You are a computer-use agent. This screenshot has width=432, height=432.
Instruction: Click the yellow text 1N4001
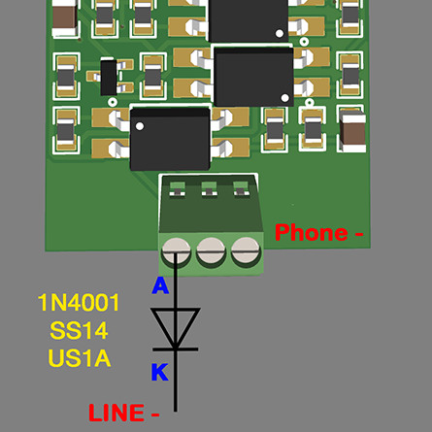tap(79, 302)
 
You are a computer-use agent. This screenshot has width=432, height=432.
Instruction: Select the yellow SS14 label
tap(79, 330)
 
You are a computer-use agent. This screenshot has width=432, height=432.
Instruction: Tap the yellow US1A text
tap(80, 358)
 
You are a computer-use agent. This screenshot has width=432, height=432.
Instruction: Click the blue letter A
tap(160, 285)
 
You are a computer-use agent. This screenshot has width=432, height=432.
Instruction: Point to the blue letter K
tap(159, 372)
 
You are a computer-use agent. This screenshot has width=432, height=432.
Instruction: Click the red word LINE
tap(116, 413)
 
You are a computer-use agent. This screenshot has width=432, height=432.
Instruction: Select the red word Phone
tap(312, 232)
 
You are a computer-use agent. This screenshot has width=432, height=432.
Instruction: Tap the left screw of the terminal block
tap(177, 251)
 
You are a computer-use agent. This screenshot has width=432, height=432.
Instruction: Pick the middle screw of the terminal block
tap(211, 250)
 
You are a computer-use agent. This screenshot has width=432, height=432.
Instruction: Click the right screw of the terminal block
tap(246, 250)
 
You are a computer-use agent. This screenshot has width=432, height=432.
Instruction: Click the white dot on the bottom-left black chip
tap(140, 126)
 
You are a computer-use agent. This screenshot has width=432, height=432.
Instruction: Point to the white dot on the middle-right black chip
tap(285, 97)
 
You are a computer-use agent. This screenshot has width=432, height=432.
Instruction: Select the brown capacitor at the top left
tap(65, 17)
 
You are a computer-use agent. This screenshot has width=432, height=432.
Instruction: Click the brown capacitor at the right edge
tap(353, 130)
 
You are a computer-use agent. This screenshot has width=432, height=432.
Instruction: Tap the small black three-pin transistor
tap(109, 78)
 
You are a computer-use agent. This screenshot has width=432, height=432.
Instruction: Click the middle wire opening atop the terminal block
tap(210, 188)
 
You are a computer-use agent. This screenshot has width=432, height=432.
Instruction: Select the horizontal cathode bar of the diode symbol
tap(176, 349)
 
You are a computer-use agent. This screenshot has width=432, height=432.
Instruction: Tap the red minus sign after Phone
tap(359, 234)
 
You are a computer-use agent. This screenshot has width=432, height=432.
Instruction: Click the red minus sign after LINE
tap(155, 415)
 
